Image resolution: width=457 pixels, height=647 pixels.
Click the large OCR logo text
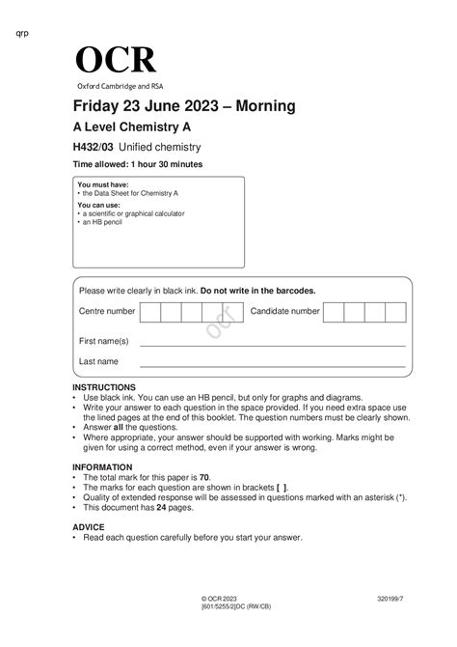tap(115, 60)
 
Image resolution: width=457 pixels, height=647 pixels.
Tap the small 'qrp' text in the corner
tap(23, 34)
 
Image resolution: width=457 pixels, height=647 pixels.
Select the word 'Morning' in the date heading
tap(258, 105)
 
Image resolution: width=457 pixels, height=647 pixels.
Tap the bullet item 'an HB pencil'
tap(103, 221)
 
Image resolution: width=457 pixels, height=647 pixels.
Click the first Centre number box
tap(150, 312)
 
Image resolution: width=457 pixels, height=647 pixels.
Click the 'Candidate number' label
tap(285, 312)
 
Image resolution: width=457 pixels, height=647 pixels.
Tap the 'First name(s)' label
tap(104, 341)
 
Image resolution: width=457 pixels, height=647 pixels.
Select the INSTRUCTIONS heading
tap(104, 386)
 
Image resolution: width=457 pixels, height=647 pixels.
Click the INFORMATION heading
tap(103, 467)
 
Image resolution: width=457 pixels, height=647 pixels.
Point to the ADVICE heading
tap(89, 527)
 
